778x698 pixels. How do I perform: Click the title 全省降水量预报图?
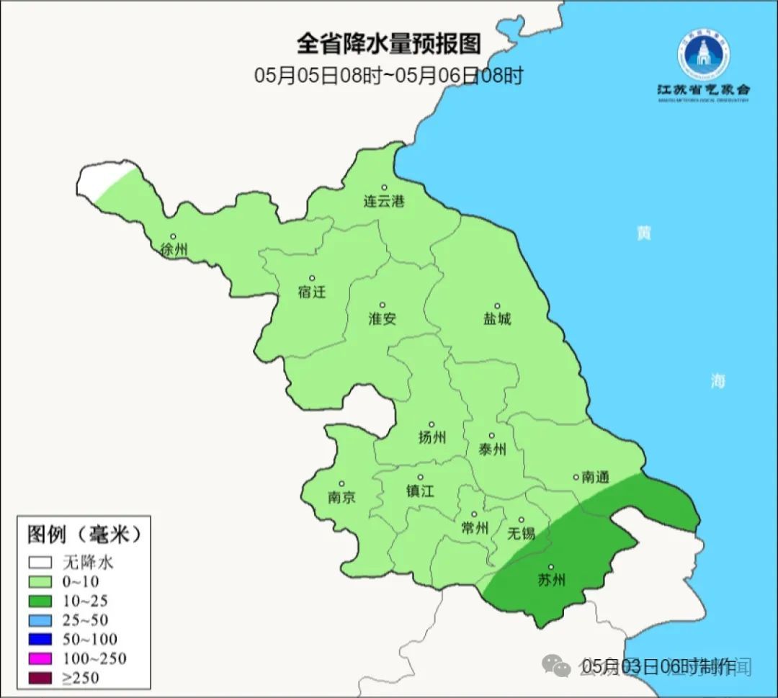[x=388, y=44]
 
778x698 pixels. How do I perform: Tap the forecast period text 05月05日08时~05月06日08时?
[x=388, y=76]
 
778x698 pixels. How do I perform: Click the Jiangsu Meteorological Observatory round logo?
[x=702, y=54]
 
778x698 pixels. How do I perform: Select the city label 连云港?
[x=384, y=202]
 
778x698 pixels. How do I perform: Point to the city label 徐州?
[x=174, y=250]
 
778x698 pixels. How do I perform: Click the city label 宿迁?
[x=312, y=292]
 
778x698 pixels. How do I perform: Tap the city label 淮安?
[x=383, y=318]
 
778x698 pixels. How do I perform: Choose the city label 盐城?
[x=496, y=318]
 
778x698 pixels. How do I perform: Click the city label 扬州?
[x=432, y=437]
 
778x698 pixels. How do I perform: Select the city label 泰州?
[x=492, y=449]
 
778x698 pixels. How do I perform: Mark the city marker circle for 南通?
[x=576, y=477]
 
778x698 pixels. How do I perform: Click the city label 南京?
[x=341, y=497]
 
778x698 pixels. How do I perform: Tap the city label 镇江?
[x=421, y=491]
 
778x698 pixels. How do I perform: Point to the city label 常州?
[x=474, y=529]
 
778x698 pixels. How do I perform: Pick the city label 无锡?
[x=522, y=533]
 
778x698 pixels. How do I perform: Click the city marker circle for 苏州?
[x=552, y=568]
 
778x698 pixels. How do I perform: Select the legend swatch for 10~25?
[x=41, y=601]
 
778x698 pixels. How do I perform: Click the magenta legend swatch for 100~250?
[x=41, y=658]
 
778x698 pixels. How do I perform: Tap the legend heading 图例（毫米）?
[x=83, y=534]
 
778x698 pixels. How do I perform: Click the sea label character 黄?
[x=643, y=233]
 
